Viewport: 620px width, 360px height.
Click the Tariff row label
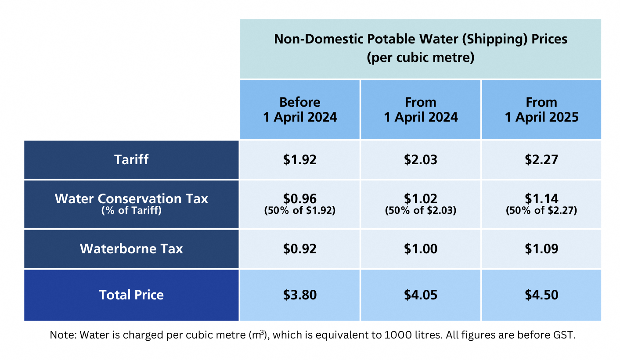131,159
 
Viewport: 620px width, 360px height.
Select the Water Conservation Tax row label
131,199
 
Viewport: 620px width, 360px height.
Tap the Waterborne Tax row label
131,249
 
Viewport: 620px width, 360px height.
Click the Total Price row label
131,295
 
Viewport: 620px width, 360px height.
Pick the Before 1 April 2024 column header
300,110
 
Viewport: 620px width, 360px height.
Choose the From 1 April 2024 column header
421,110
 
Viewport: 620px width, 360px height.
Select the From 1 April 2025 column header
541,110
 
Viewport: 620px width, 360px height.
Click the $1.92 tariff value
300,159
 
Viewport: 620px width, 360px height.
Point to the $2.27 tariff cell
541,159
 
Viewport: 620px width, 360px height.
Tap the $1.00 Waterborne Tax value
421,249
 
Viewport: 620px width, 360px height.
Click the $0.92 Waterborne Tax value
300,249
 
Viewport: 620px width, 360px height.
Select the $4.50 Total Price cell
541,295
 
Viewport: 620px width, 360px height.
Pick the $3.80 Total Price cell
300,295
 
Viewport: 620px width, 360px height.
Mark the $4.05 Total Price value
421,295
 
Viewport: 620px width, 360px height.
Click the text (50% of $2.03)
421,211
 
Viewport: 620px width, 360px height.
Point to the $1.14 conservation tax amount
541,198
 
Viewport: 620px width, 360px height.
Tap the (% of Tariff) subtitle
131,211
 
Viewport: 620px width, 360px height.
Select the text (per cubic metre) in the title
421,58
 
